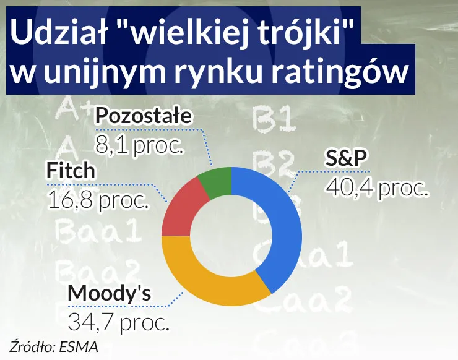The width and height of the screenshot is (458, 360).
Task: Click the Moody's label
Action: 109,293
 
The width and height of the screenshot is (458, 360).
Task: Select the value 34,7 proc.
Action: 118,321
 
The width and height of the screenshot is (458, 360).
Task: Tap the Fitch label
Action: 71,171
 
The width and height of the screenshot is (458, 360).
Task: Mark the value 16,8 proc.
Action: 98,199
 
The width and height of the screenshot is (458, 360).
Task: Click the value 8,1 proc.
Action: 139,144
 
